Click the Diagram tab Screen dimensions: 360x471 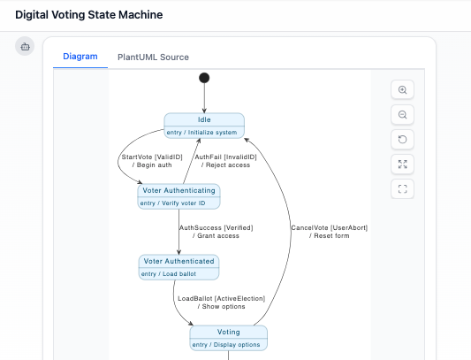[x=80, y=57]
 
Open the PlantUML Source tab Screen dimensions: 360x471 [x=153, y=57]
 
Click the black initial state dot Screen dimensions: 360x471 [x=205, y=78]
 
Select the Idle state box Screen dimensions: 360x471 [x=204, y=126]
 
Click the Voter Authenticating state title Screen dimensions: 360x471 [x=179, y=190]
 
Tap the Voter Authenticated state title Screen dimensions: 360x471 [x=179, y=261]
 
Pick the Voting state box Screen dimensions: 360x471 [x=228, y=338]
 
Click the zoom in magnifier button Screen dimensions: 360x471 [x=403, y=90]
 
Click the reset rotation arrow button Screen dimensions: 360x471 [x=403, y=140]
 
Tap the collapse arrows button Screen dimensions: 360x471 [x=403, y=164]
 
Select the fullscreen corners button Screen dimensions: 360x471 [x=403, y=188]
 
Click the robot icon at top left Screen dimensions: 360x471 [x=25, y=46]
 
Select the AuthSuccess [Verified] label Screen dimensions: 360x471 [x=215, y=232]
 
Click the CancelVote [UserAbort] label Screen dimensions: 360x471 [x=330, y=232]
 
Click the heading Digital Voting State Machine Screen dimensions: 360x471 [x=88, y=15]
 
